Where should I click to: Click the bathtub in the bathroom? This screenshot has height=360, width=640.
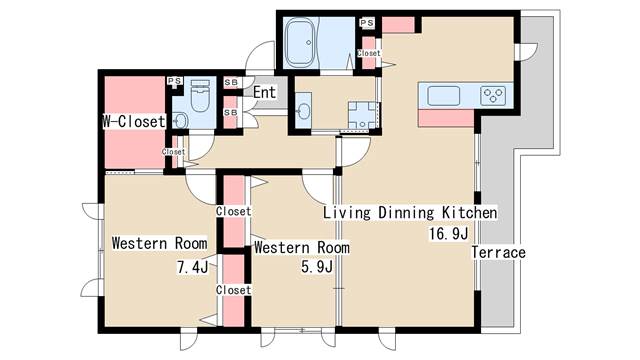tap(301, 43)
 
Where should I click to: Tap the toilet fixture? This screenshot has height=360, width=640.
tap(200, 96)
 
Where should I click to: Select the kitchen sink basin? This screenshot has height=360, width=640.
tap(443, 96)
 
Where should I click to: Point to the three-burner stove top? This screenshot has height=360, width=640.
tap(493, 96)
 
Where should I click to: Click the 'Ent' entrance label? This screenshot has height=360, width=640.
tap(264, 92)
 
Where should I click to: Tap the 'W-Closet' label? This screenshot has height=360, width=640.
tap(133, 122)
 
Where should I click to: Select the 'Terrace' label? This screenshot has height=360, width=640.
tap(498, 252)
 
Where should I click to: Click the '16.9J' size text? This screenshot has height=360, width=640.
tap(448, 234)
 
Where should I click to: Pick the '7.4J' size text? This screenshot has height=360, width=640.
tap(192, 267)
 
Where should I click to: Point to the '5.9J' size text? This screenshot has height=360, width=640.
tap(317, 267)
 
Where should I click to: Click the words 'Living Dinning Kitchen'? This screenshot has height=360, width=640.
tap(410, 213)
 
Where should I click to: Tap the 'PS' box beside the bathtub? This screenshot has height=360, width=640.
tap(367, 23)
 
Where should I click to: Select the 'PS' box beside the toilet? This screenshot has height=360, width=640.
tap(175, 81)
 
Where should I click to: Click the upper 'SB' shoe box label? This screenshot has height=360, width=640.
tap(231, 82)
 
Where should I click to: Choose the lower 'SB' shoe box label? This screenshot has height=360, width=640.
tap(231, 112)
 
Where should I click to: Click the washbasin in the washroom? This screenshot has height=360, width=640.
tap(303, 110)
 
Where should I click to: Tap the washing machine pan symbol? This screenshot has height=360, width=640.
tap(362, 116)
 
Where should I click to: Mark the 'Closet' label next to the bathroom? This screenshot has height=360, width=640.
tap(369, 53)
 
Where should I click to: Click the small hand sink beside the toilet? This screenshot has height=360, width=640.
tap(180, 120)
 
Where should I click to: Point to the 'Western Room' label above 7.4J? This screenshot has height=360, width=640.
tap(159, 243)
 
